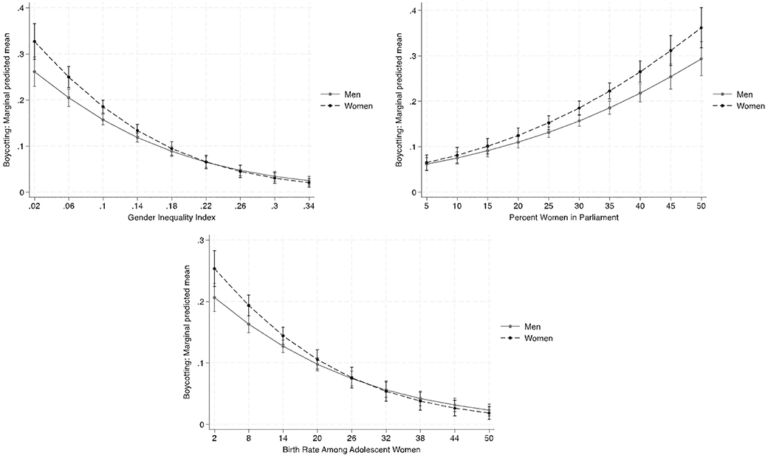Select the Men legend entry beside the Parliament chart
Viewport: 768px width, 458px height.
point(745,94)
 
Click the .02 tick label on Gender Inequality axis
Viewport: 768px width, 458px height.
point(33,206)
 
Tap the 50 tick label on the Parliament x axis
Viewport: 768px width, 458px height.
point(700,206)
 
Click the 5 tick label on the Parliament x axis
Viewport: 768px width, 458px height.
point(426,206)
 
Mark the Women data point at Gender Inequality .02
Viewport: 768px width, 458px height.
point(34,41)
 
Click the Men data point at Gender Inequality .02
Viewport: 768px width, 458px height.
point(34,72)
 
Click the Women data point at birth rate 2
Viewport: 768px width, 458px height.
point(213,268)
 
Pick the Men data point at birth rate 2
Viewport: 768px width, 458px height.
point(213,297)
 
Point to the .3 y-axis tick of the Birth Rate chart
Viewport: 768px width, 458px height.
point(201,240)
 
